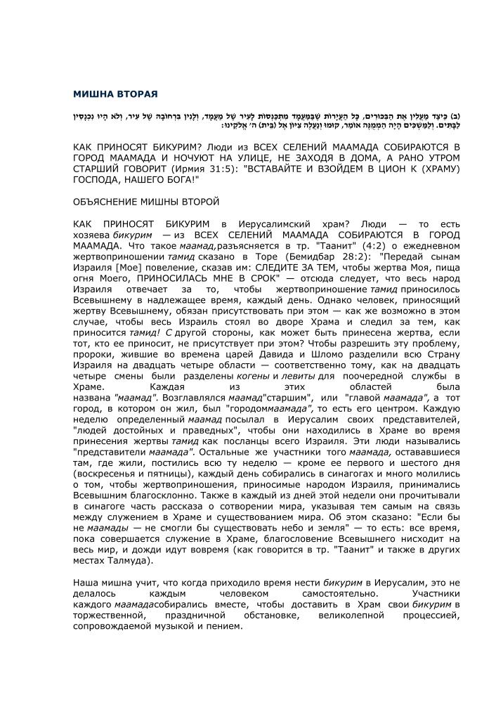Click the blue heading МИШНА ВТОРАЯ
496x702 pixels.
point(115,93)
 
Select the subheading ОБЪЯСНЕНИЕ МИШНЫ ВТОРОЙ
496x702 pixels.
point(146,202)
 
